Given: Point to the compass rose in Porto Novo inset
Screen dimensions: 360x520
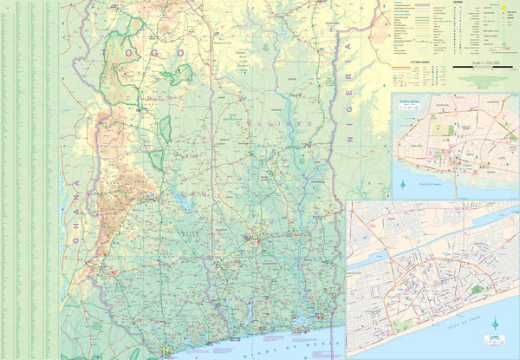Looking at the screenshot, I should [x=406, y=183].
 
